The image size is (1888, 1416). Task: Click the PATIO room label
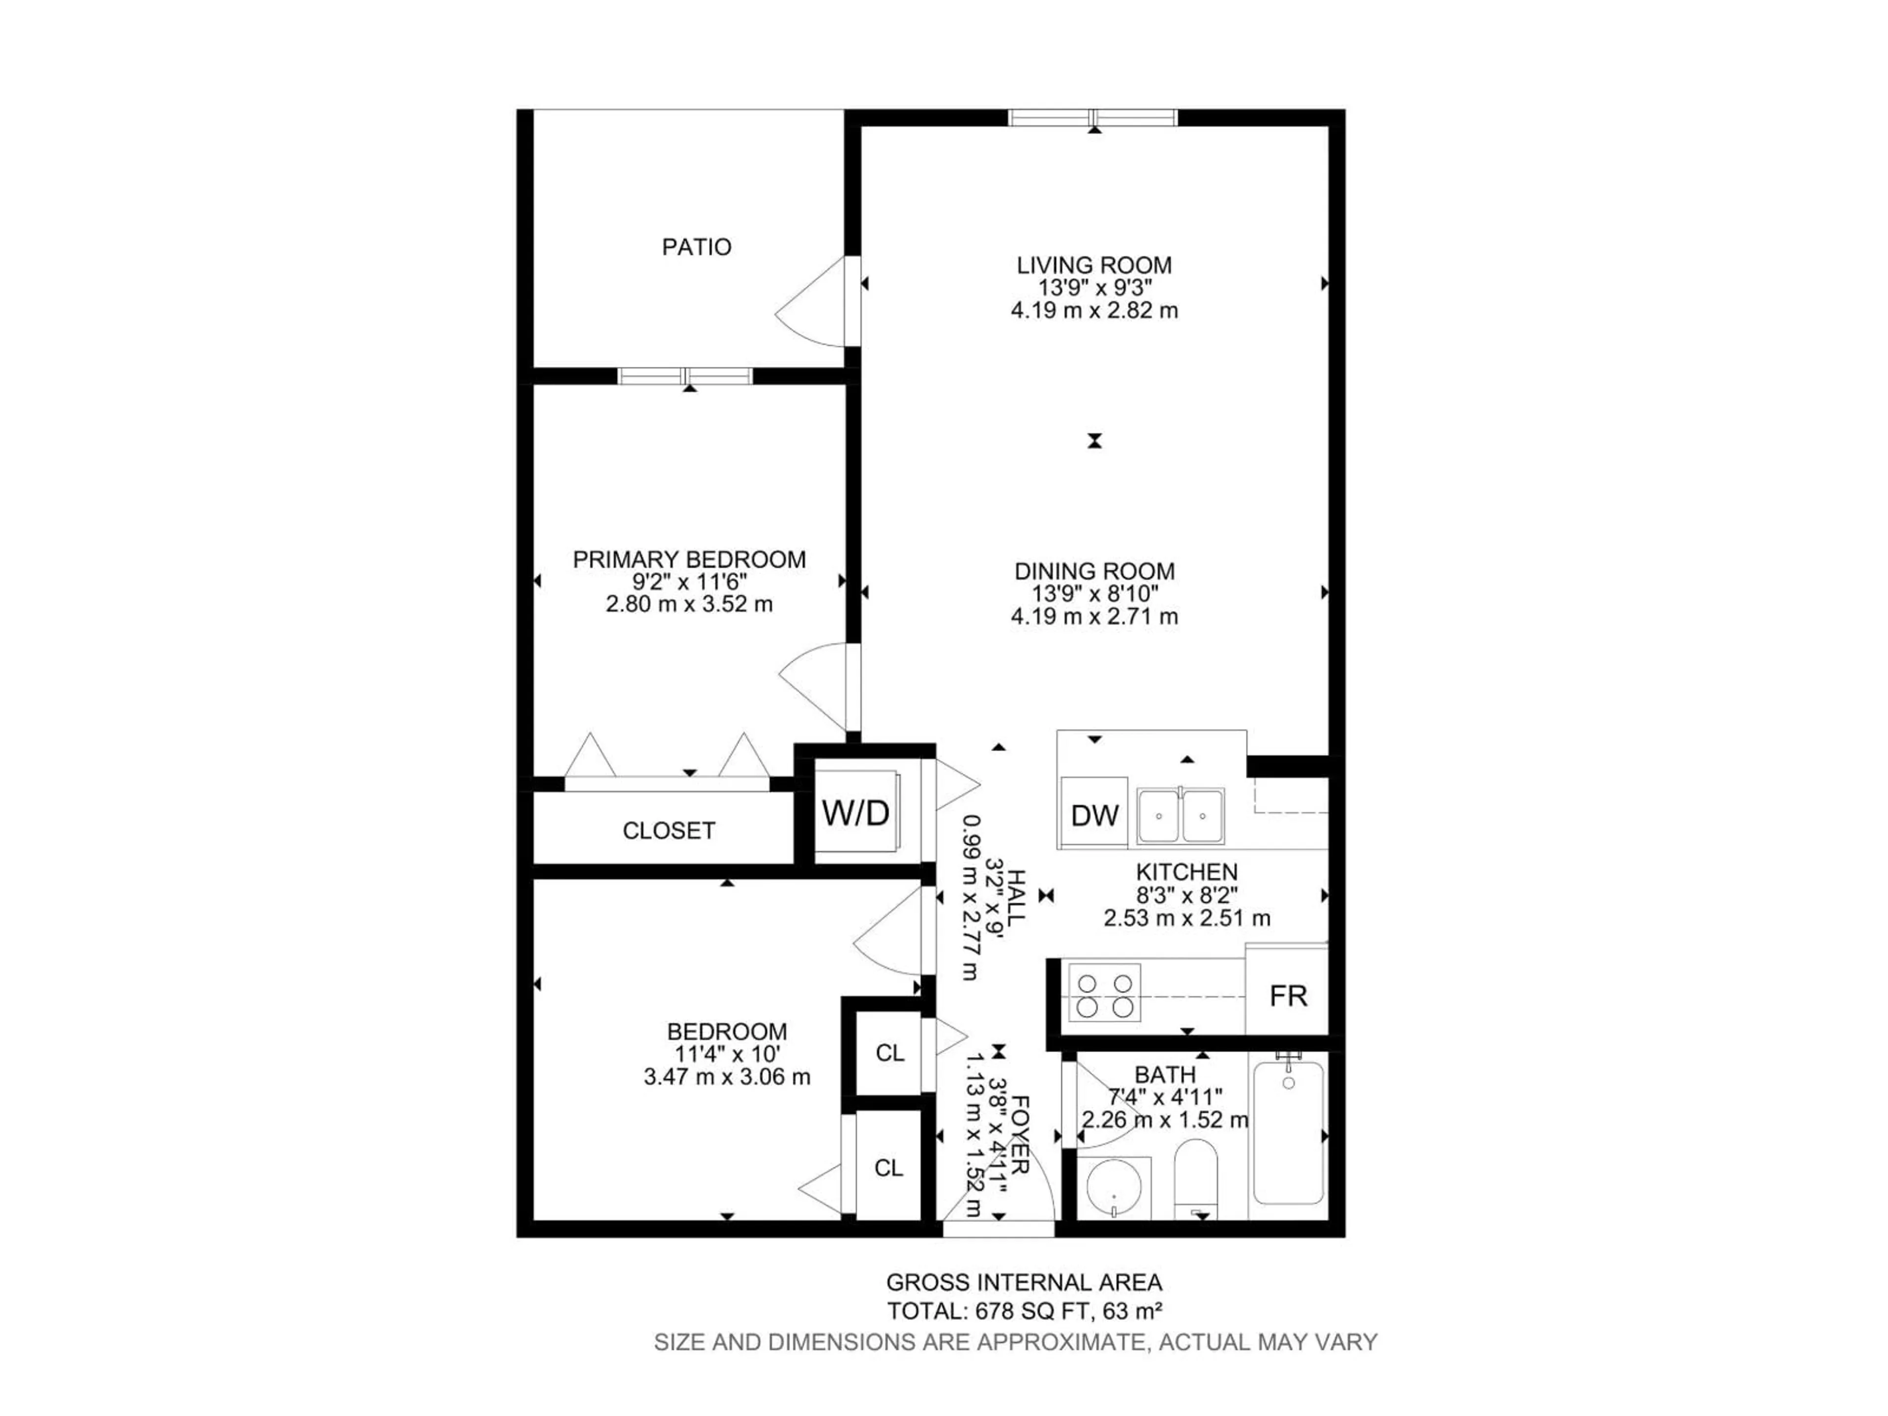pos(697,247)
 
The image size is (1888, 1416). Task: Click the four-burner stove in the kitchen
pos(1104,993)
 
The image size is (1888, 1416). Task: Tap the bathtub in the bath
pos(1288,1132)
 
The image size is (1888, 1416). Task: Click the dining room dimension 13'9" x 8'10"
pos(1094,594)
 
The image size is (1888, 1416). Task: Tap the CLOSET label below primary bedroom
pos(668,830)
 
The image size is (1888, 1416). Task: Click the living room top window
pos(1092,118)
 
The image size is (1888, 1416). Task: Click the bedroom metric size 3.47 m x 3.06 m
pos(726,1077)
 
